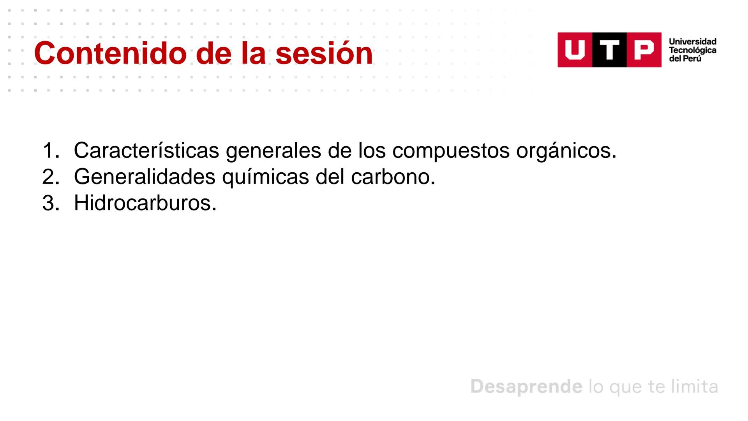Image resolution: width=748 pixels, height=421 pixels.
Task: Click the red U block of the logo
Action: pyautogui.click(x=575, y=50)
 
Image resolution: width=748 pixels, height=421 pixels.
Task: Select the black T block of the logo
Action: pyautogui.click(x=609, y=50)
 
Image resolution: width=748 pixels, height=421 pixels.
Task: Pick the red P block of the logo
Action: pyautogui.click(x=644, y=50)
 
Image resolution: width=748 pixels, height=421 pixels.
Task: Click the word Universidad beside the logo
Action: pyautogui.click(x=692, y=42)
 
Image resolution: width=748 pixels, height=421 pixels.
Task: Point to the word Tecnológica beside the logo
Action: pyautogui.click(x=692, y=50)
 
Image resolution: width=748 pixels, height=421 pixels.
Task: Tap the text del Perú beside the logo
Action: pyautogui.click(x=685, y=59)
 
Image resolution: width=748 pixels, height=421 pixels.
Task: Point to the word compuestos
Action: pyautogui.click(x=451, y=151)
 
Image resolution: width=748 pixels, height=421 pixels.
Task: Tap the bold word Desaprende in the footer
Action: pyautogui.click(x=526, y=387)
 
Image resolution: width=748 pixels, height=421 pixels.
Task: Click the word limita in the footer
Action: pyautogui.click(x=695, y=387)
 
